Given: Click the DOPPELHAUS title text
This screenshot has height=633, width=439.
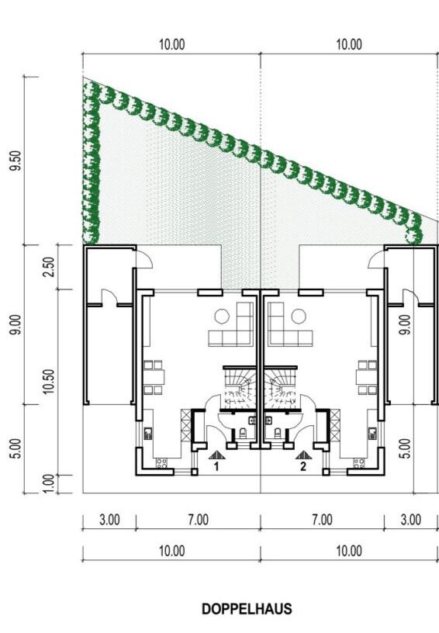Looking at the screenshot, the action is (247, 609).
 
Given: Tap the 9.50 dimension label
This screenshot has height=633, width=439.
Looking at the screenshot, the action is (16, 161).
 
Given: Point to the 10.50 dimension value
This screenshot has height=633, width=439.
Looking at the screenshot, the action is (49, 382).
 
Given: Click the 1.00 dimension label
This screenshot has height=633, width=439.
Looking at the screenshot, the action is (48, 483).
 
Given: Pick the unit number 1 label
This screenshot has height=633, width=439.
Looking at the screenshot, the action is (216, 467).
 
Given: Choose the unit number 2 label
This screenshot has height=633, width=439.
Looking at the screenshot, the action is (303, 467).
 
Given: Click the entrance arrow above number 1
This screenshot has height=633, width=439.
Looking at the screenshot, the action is (216, 455).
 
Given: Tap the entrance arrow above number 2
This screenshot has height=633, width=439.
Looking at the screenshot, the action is (303, 455).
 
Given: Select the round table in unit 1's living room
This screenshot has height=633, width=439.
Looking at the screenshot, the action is (222, 316).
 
